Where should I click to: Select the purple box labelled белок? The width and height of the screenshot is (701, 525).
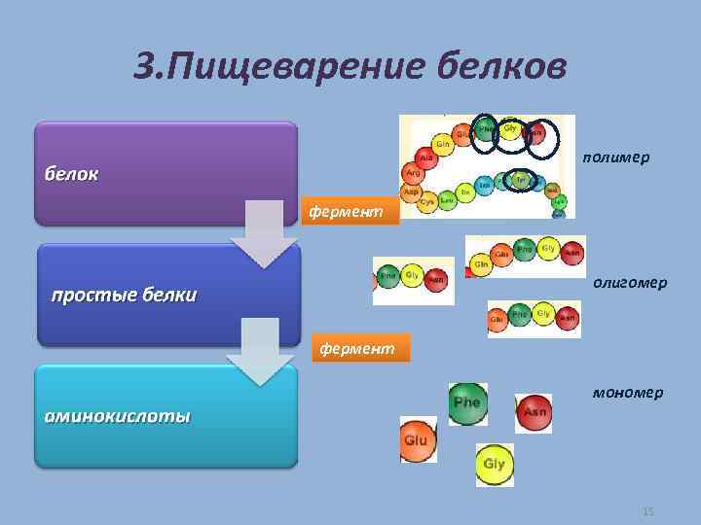[x=166, y=172]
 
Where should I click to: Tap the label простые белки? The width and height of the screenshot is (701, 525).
[x=124, y=295]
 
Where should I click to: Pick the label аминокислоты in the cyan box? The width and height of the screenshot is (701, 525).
[x=116, y=416]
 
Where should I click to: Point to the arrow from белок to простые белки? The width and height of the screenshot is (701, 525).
[x=263, y=234]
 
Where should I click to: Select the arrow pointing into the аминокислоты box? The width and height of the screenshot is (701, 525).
[x=260, y=354]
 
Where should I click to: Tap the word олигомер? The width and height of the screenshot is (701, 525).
[x=630, y=282]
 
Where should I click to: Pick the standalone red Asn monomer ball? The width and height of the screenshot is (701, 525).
[x=534, y=411]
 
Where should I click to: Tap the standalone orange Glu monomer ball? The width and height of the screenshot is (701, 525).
[x=416, y=439]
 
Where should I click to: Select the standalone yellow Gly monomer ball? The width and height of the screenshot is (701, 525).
[x=494, y=464]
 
